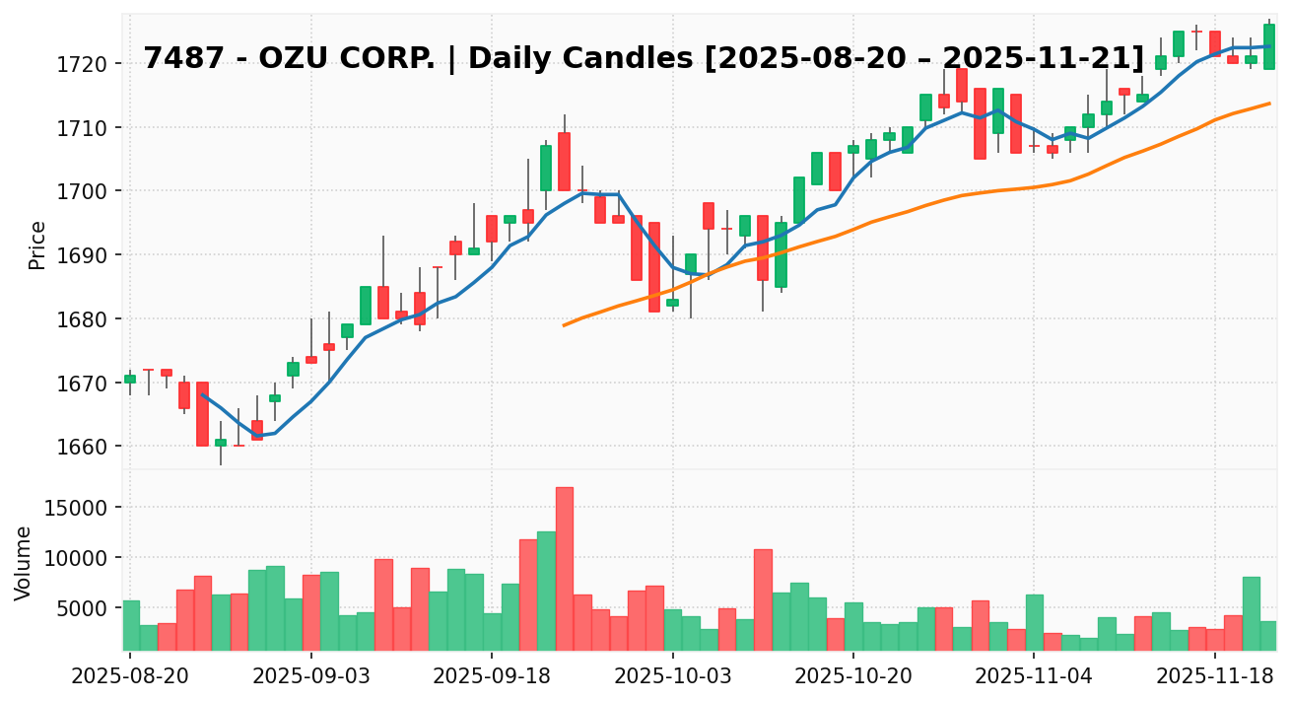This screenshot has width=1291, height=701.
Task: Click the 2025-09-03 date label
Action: [x=310, y=676]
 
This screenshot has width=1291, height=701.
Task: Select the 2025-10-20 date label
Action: [x=853, y=676]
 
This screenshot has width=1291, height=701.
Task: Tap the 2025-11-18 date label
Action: [x=1215, y=676]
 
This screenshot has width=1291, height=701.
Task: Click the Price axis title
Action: [x=37, y=245]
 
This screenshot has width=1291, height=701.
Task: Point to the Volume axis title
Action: [x=24, y=562]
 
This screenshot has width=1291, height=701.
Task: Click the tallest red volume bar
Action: [x=564, y=568]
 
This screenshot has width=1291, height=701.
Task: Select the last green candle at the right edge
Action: [x=1269, y=46]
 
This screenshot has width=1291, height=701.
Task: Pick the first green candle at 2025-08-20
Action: [x=130, y=379]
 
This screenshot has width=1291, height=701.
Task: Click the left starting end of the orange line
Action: [x=564, y=324]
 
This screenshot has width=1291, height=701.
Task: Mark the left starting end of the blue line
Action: [x=202, y=394]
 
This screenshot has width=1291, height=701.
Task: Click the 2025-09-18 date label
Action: [x=492, y=676]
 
